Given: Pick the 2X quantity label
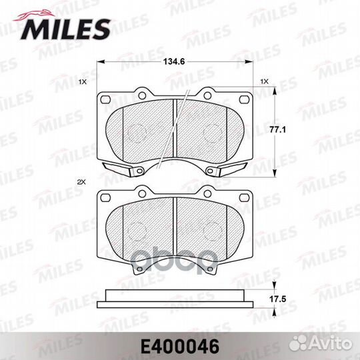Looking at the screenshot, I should (x=82, y=182).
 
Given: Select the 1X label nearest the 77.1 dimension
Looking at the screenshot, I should (x=264, y=82).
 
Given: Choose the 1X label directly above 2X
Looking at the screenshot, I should (x=83, y=83).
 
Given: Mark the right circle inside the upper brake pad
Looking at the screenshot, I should (x=211, y=133).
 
